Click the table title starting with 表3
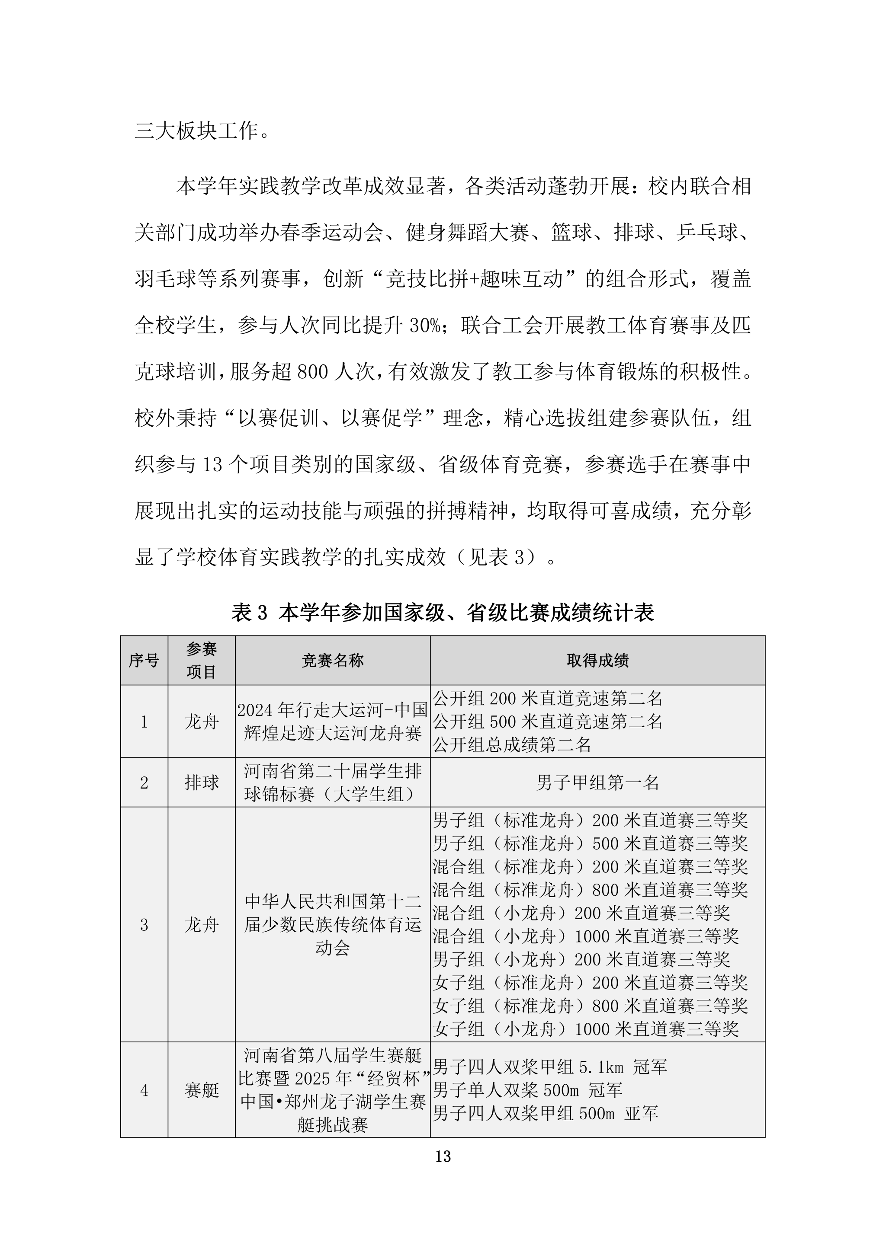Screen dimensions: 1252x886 (443, 613)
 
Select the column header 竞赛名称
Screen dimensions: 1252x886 (332, 660)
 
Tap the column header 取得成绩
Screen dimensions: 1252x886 (597, 660)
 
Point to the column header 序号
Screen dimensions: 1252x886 (144, 660)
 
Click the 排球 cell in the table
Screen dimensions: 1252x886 (201, 782)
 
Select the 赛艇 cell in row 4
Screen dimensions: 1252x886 (201, 1090)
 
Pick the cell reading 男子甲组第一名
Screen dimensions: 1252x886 (597, 782)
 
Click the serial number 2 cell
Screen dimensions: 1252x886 (144, 782)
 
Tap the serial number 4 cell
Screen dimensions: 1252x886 (144, 1090)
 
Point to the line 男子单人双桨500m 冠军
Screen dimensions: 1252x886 (527, 1090)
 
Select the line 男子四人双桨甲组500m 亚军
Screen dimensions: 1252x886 (545, 1113)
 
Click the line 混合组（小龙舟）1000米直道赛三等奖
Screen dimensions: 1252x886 (585, 936)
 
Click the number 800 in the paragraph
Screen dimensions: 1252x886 (313, 372)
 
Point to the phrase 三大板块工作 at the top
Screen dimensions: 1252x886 (196, 131)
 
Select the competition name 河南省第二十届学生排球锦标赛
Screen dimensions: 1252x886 (332, 782)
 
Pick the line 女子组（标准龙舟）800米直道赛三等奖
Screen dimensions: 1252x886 (590, 1006)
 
